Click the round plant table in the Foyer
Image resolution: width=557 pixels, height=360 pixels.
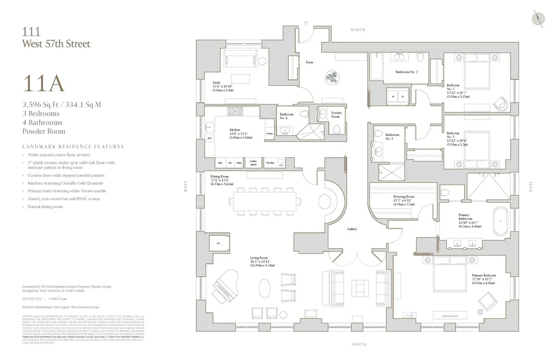click(332, 77)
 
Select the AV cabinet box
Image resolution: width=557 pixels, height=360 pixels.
click(218, 243)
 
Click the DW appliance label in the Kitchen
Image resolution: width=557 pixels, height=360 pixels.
click(210, 138)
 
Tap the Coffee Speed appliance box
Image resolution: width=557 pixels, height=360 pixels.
click(253, 163)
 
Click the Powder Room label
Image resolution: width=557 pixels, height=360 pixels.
click(337, 114)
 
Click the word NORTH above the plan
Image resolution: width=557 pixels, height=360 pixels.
click(358, 30)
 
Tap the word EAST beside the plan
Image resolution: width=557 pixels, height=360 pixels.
click(531, 187)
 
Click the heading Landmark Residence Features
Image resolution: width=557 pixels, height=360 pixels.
click(73, 147)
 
